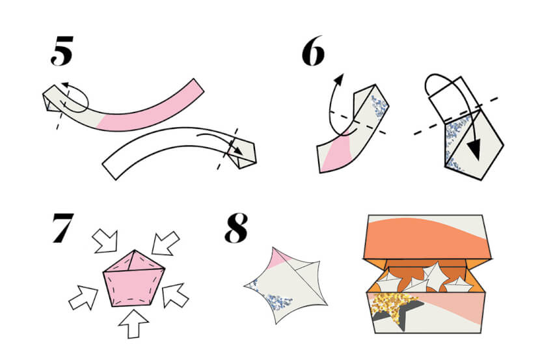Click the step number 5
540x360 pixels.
pyautogui.click(x=62, y=51)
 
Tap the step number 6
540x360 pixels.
pyautogui.click(x=313, y=51)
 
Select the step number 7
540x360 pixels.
pyautogui.click(x=63, y=228)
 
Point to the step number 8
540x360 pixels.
pyautogui.click(x=236, y=228)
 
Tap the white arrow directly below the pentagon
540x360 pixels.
pyautogui.click(x=133, y=324)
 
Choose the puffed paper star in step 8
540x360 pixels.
pyautogui.click(x=286, y=286)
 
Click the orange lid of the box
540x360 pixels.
pyautogui.click(x=426, y=238)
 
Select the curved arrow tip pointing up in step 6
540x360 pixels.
pyautogui.click(x=340, y=79)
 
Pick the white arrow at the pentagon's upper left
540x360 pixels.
pyautogui.click(x=105, y=241)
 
